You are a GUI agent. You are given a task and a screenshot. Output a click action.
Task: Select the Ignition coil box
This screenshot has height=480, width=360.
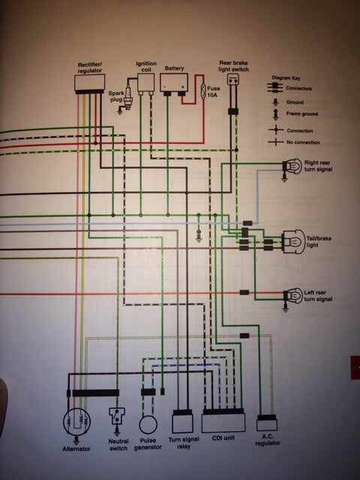coord(145,82)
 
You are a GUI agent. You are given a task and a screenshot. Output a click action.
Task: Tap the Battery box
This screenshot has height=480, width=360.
coord(174,82)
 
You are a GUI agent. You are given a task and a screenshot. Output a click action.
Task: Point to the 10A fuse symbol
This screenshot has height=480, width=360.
coord(203,91)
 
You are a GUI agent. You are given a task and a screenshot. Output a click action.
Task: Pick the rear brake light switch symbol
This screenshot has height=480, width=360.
coord(233,79)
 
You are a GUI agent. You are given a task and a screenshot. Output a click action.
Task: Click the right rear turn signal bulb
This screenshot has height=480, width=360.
coord(292,166)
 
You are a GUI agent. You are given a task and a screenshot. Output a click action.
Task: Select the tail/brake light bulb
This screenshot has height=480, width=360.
coord(293,241)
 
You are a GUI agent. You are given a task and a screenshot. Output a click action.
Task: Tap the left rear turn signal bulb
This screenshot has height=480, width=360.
coord(293,295)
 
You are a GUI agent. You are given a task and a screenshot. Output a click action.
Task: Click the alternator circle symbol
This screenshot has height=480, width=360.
coord(76,422)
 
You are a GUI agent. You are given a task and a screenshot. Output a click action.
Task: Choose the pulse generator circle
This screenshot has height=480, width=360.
coord(148,424)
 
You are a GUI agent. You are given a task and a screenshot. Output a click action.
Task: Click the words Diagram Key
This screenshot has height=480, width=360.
coord(286,78)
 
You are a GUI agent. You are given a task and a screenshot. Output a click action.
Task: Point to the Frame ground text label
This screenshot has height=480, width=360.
coord(302,114)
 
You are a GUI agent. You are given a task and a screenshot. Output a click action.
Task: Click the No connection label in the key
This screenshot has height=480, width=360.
coord(303,142)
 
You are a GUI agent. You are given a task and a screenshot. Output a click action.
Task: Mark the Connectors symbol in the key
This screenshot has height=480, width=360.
coord(275,88)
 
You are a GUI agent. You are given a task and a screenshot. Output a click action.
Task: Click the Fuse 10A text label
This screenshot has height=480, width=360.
coord(213,91)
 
